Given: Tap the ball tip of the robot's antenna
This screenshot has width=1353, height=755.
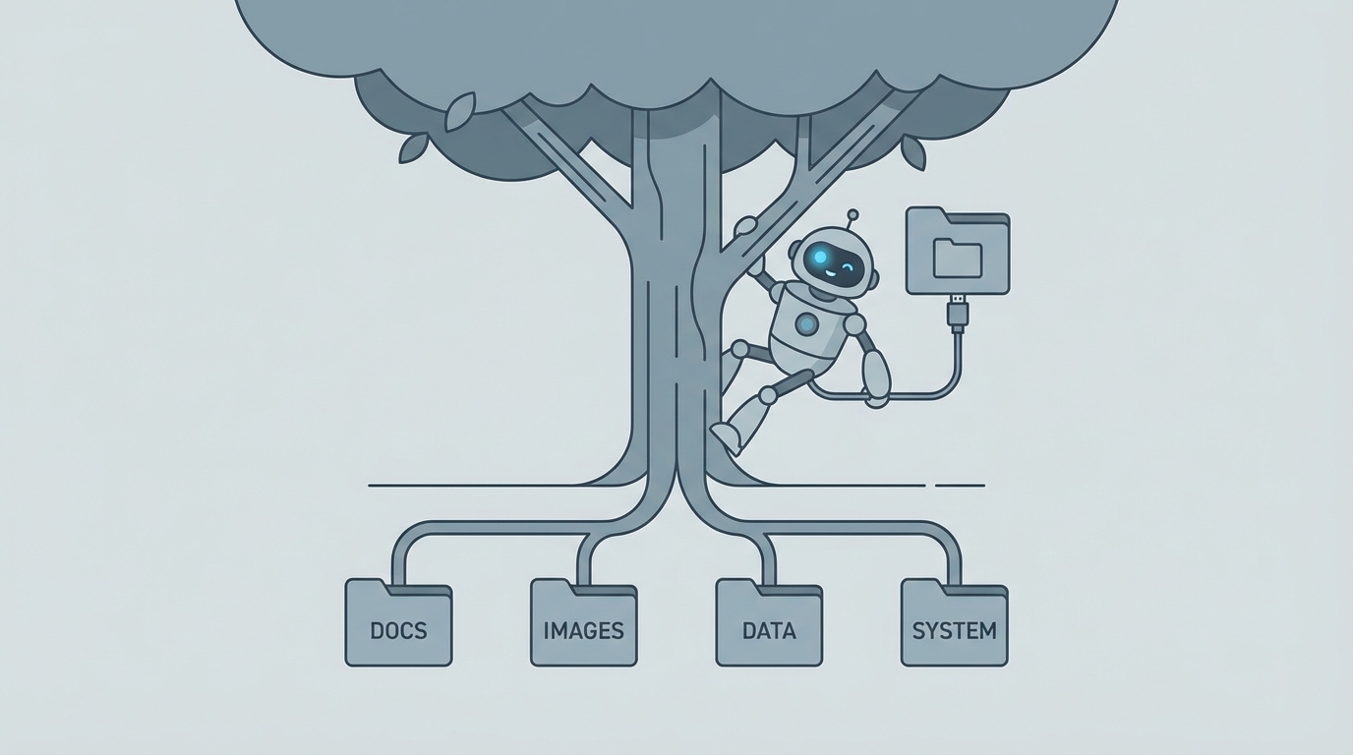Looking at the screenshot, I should [x=853, y=213].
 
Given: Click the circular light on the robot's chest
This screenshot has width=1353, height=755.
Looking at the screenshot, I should [x=807, y=323].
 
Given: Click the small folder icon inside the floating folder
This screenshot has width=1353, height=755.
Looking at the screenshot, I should [x=957, y=258].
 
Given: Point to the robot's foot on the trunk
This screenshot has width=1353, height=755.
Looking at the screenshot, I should [x=725, y=434].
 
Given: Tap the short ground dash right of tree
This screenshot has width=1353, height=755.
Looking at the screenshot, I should [x=960, y=486].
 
